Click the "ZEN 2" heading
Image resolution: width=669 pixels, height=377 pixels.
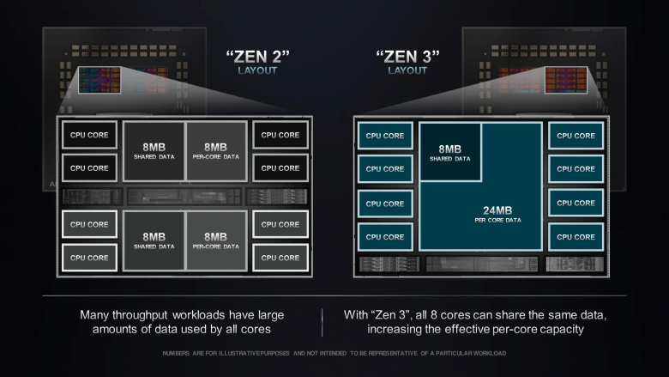pos(257,58)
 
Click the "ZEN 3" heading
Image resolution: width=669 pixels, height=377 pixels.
pos(407,58)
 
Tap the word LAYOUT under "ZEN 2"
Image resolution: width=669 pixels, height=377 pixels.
pos(257,71)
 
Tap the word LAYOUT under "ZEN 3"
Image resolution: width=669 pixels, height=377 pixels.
pos(407,71)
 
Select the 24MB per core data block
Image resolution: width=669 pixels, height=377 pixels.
pos(480,215)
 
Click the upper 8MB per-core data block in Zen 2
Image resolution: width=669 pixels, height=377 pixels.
pos(215,150)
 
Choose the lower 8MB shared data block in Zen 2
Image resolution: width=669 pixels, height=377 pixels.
pos(154,240)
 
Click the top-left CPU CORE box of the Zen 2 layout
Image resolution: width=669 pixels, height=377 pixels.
pos(89,135)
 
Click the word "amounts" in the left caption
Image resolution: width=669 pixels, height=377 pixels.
pos(118,330)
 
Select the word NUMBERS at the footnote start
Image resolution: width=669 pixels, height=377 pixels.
pos(178,353)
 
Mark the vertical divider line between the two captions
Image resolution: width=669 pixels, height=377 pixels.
pos(322,322)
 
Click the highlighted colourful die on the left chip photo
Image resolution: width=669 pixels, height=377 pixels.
pos(99,81)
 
